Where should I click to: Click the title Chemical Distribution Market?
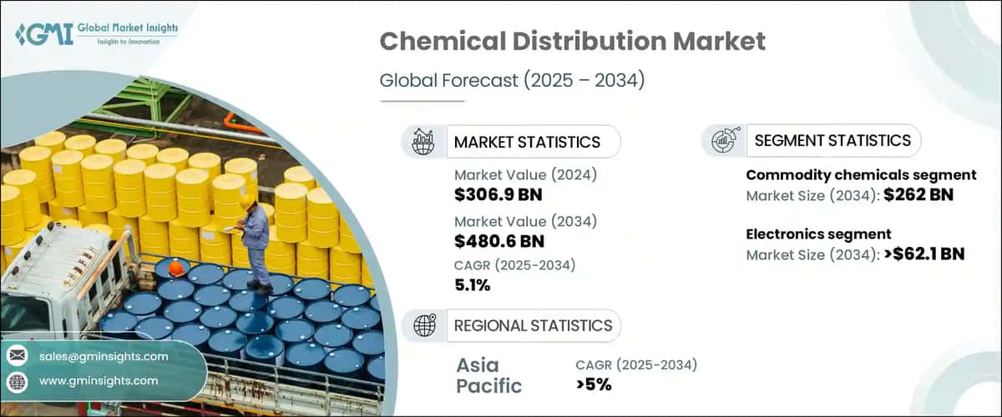coord(572,43)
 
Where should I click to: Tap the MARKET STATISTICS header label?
coord(526,142)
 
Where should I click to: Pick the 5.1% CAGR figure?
coord(473,286)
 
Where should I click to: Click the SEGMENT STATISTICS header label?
coord(832,141)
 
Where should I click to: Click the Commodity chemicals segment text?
coord(861,175)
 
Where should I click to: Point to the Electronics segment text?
coord(818,234)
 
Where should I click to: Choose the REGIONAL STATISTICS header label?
coord(533,325)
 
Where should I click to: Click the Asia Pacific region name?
coord(489,375)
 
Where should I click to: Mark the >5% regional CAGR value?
coord(594,384)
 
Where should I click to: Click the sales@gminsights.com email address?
coord(104,356)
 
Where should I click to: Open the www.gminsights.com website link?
coord(99,380)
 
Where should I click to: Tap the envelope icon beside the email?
coord(17,356)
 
